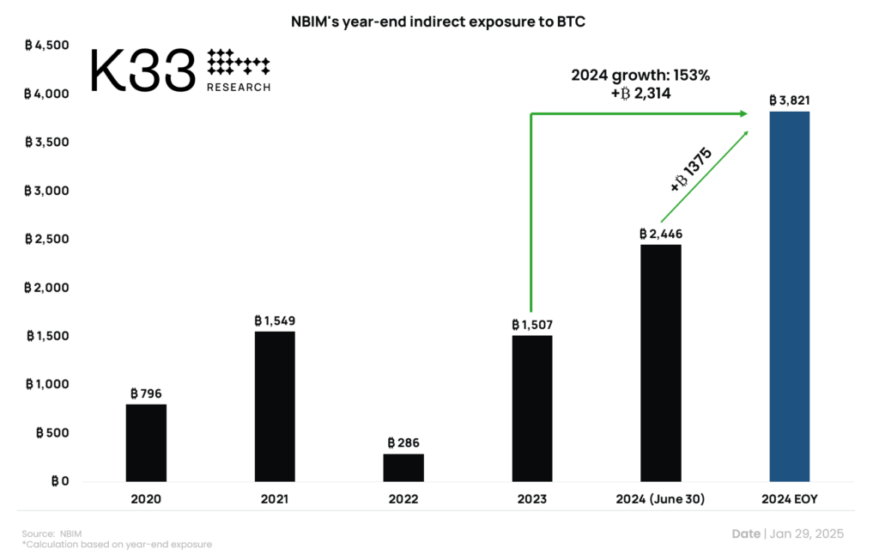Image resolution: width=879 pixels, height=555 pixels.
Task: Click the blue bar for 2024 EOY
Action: click(x=789, y=296)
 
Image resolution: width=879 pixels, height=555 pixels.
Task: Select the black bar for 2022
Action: click(x=403, y=467)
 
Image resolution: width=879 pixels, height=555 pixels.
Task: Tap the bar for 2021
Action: click(x=275, y=406)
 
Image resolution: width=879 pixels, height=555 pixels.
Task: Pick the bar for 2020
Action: click(x=146, y=442)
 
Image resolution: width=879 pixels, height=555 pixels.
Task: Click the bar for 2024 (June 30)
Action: click(x=660, y=363)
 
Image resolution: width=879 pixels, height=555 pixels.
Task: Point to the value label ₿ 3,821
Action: click(x=789, y=101)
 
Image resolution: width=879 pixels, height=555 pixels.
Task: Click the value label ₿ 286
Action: click(x=403, y=443)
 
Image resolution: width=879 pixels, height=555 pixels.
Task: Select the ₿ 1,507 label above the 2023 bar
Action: click(x=532, y=325)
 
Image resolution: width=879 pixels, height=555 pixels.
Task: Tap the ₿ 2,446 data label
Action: click(x=660, y=234)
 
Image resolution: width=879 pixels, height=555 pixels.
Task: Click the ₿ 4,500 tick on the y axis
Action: click(x=46, y=45)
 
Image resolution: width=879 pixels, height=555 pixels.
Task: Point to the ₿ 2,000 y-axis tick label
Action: click(x=46, y=287)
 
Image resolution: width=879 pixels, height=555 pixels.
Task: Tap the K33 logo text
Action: click(x=142, y=70)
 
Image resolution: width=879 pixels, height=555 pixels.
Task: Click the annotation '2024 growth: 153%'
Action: click(x=640, y=76)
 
